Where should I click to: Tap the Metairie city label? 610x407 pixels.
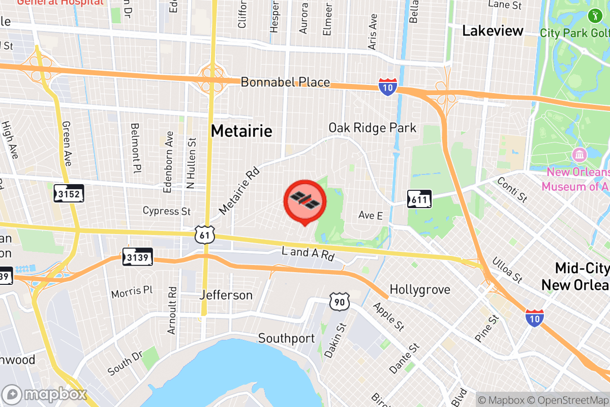241,131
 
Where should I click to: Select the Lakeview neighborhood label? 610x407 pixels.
493,31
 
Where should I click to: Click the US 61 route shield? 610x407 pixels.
204,235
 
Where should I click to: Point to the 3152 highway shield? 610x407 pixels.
69,193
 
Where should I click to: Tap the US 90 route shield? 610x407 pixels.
339,302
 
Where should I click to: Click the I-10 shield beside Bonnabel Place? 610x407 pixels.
387,88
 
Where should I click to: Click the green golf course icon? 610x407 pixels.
593,16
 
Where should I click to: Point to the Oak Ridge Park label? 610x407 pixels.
372,128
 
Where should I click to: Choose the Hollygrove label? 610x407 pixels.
420,290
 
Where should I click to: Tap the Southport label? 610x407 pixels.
286,338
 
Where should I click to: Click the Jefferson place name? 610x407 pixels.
226,295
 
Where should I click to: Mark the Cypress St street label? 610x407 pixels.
167,211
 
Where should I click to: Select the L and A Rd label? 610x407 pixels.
308,254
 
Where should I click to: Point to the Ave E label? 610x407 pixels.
370,216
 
